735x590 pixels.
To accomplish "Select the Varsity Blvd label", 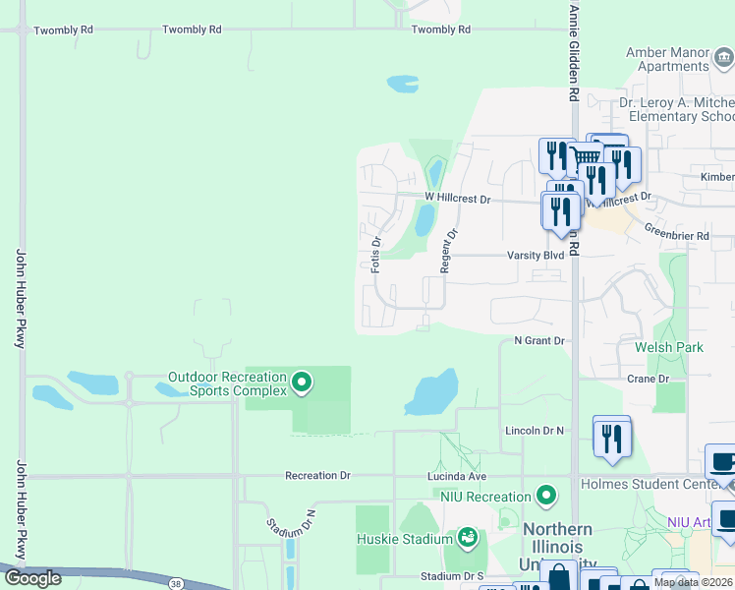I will pos(536,256).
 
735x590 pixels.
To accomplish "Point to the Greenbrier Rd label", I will pos(676,236).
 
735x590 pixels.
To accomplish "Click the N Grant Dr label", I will pos(540,341).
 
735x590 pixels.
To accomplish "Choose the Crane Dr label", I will pos(648,379).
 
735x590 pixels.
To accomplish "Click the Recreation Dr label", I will pos(317,476).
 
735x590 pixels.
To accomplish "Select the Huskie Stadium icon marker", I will pos(467,538).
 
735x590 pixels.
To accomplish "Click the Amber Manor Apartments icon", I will pos(724,58).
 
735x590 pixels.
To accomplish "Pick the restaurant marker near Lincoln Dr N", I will pos(612,436).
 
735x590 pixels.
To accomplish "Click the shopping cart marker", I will pos(587,157).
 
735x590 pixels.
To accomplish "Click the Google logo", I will pos(32,578).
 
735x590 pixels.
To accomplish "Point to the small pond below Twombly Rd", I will pos(403,84).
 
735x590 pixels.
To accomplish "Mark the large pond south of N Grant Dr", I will pos(432,392).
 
